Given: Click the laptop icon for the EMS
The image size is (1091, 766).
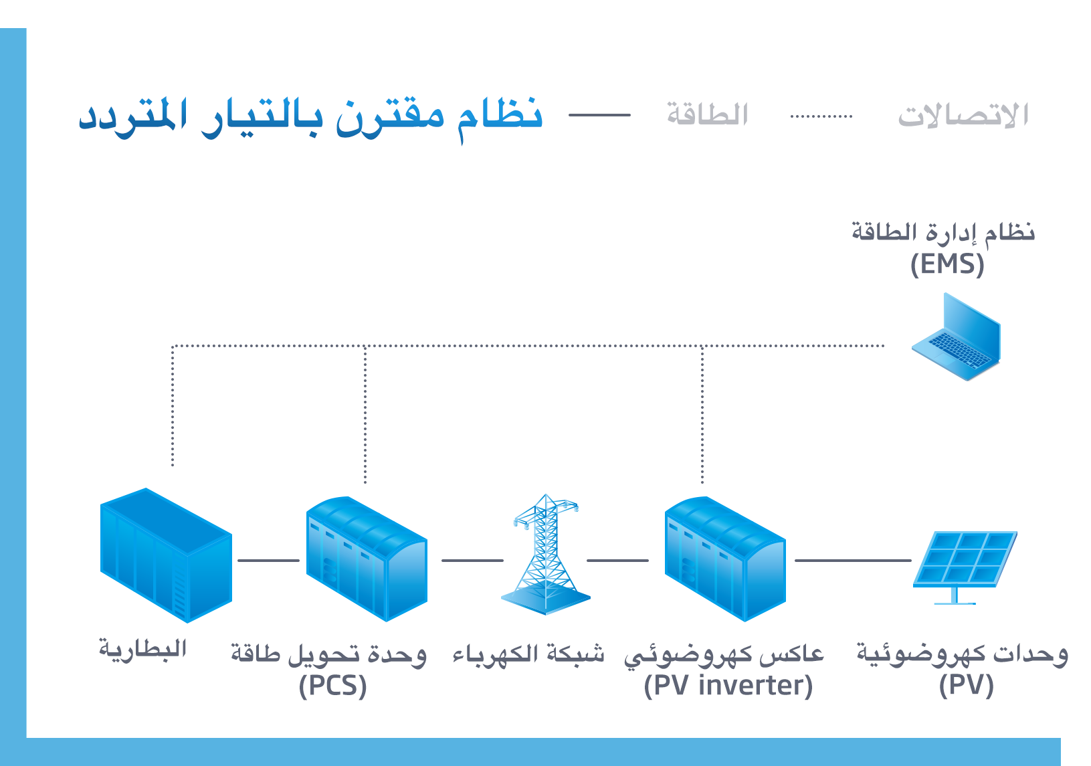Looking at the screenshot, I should pyautogui.click(x=957, y=338).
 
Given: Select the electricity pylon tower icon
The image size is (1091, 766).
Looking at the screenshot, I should pyautogui.click(x=546, y=555).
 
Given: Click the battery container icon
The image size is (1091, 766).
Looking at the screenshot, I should pyautogui.click(x=166, y=555).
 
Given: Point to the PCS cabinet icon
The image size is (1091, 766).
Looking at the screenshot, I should pyautogui.click(x=366, y=559).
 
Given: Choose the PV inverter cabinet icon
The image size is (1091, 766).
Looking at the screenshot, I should pyautogui.click(x=724, y=559).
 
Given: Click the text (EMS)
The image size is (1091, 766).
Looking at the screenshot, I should pyautogui.click(x=947, y=264).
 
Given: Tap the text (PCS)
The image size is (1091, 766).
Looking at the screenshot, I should pyautogui.click(x=332, y=686).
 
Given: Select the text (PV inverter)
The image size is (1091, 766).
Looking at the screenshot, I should pyautogui.click(x=728, y=686).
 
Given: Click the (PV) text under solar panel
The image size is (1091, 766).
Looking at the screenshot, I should pyautogui.click(x=966, y=686).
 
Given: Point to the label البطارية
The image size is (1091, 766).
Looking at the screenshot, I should pyautogui.click(x=142, y=649).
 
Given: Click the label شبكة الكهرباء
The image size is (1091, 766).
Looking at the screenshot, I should pyautogui.click(x=528, y=654).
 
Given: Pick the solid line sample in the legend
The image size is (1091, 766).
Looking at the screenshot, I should pyautogui.click(x=599, y=115).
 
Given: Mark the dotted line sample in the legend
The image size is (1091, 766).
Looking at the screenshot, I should pyautogui.click(x=821, y=116).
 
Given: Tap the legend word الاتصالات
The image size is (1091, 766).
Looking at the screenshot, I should pyautogui.click(x=963, y=115).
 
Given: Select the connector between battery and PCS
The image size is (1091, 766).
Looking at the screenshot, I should pyautogui.click(x=268, y=561).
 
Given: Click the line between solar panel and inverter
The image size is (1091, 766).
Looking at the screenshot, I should pyautogui.click(x=853, y=561).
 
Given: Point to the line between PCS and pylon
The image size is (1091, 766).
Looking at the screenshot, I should pyautogui.click(x=472, y=561).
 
